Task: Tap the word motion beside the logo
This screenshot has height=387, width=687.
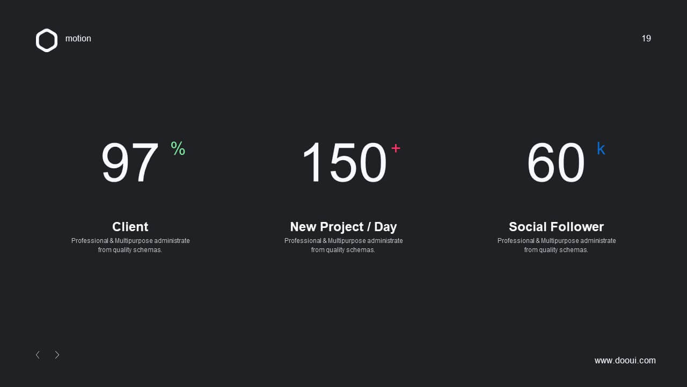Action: coord(78,38)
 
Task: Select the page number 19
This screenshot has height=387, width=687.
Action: coord(646,38)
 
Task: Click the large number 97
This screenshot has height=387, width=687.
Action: coord(130,162)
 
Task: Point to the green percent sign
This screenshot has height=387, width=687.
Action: coord(178,148)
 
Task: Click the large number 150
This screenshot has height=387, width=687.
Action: coord(344,162)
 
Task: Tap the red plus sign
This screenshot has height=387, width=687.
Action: coord(396,148)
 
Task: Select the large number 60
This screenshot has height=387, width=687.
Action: coord(556,162)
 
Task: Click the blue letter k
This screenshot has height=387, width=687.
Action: coord(601,148)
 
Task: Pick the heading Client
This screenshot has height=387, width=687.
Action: coord(130,227)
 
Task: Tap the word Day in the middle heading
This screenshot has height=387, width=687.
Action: coord(385,227)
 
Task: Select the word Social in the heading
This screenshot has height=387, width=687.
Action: coord(528,227)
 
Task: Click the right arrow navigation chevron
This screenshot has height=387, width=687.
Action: coord(57,355)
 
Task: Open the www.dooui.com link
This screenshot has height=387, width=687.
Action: coord(625,360)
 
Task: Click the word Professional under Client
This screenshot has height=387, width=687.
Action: coord(90,240)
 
